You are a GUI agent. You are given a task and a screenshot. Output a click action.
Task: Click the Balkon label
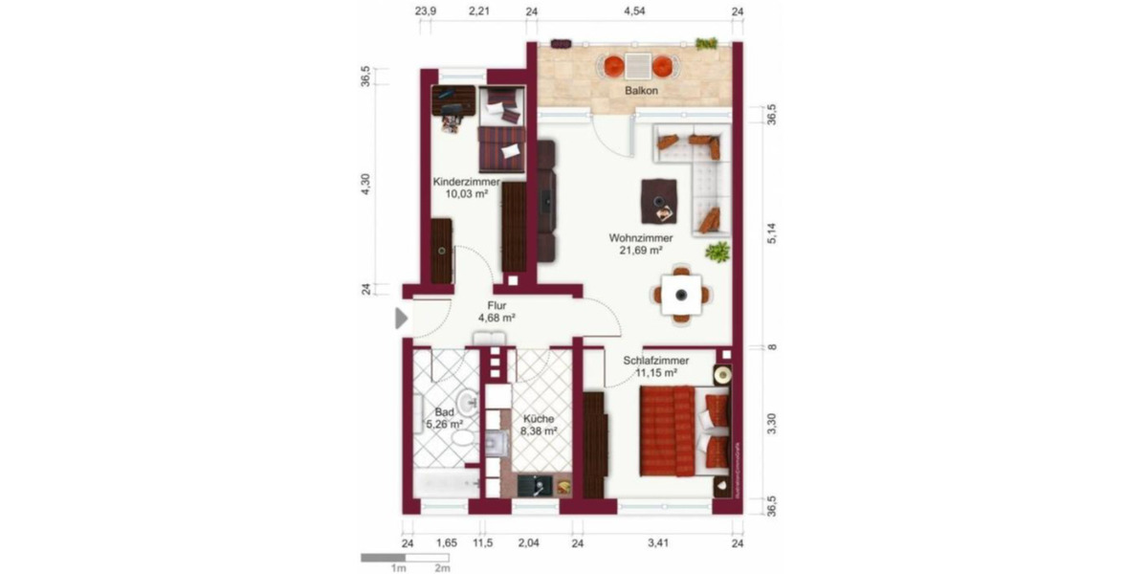pos(643,92)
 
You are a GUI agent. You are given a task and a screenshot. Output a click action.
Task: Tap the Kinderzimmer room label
pos(466,181)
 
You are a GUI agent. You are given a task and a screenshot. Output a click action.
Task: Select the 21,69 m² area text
pos(642,251)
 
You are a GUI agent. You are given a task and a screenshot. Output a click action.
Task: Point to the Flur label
pos(497,306)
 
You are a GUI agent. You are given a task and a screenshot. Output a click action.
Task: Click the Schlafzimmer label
pos(655,361)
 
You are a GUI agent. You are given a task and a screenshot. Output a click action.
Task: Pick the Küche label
pos(538,418)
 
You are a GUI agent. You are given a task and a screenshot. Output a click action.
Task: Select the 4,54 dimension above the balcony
pos(634,11)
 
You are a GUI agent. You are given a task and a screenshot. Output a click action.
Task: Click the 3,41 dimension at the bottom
pos(657,544)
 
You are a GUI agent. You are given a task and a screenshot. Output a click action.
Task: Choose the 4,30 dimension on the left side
pos(364,184)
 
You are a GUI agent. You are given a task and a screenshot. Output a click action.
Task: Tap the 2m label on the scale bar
pos(442,567)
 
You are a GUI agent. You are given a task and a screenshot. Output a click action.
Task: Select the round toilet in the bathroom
pos(463,438)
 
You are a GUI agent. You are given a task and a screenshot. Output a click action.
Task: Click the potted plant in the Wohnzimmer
pos(717,251)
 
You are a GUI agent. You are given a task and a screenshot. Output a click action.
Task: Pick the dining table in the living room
pos(681,296)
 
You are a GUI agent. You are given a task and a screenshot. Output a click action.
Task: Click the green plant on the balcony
pos(707,43)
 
